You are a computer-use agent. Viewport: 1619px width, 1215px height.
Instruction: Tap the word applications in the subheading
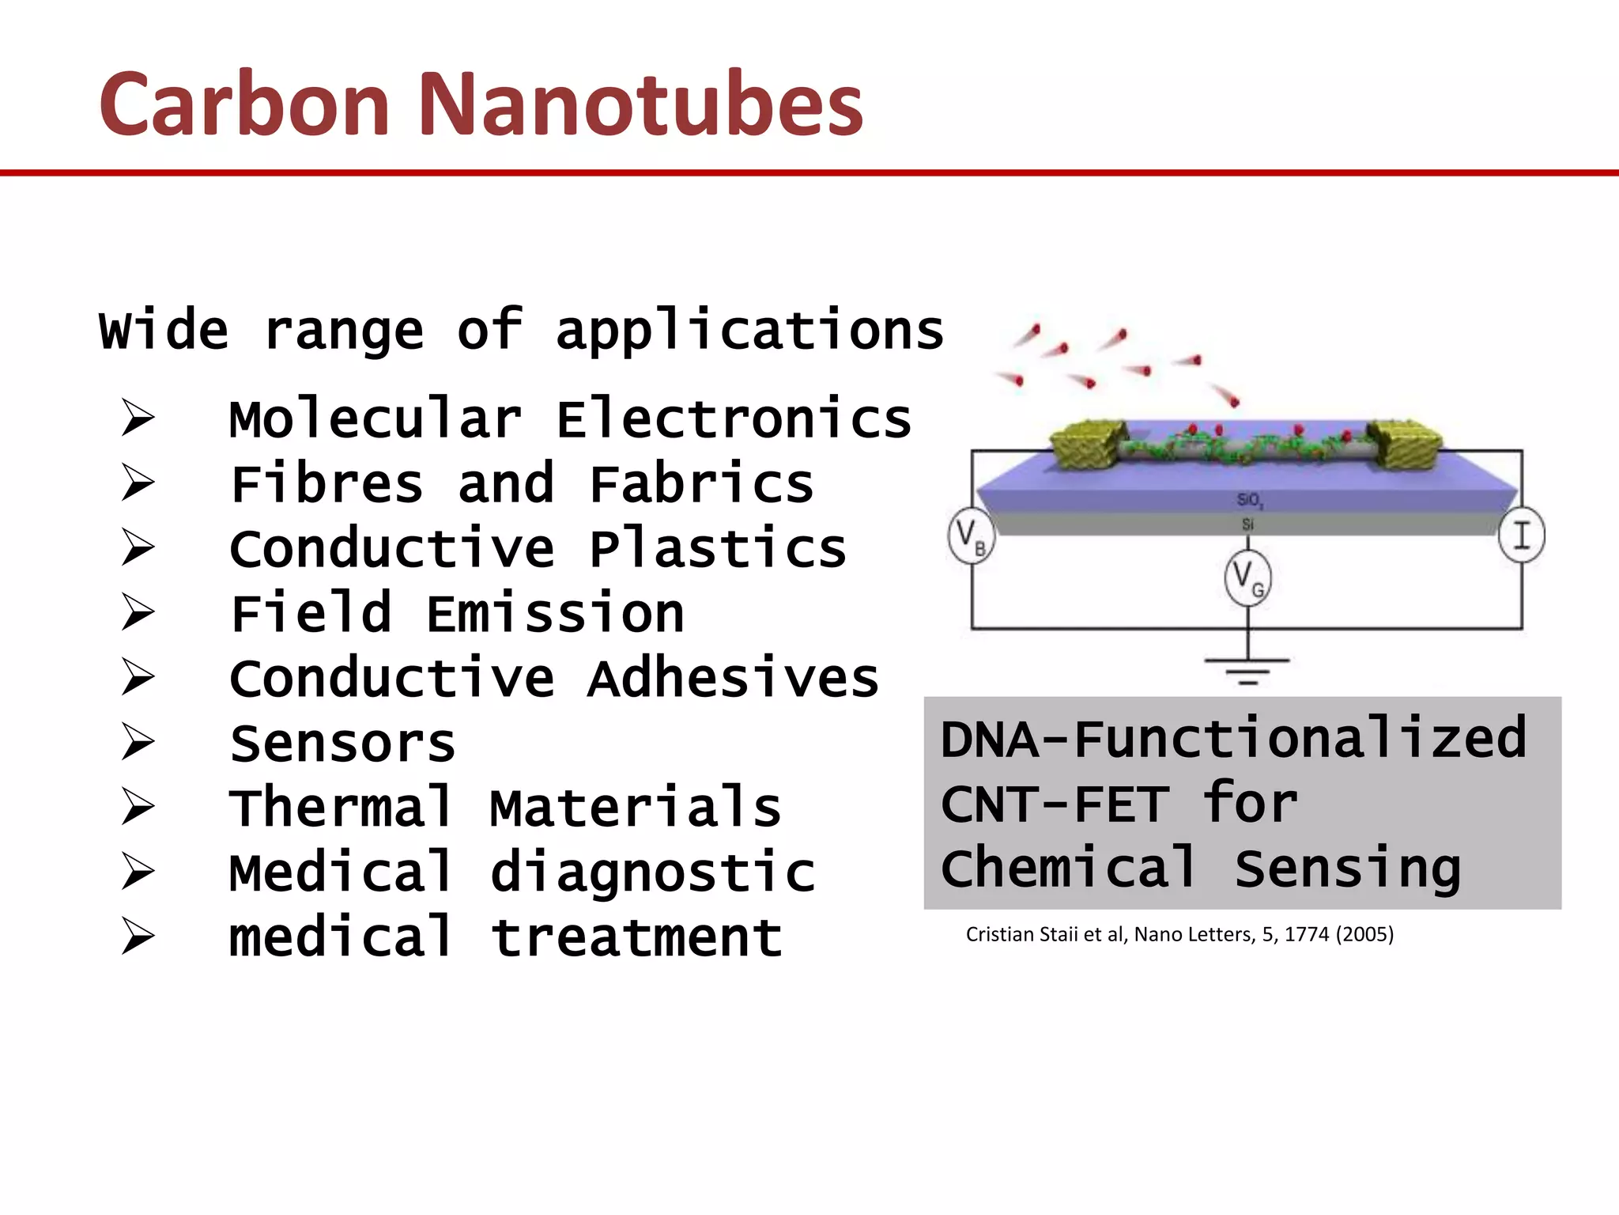[x=749, y=331]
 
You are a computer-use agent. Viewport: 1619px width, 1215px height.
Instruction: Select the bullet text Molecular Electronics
[x=570, y=419]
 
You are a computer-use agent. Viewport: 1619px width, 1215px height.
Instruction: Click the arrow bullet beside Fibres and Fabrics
[x=138, y=483]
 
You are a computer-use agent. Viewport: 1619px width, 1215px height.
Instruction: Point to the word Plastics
[x=718, y=549]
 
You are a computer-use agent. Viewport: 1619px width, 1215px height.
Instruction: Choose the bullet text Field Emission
[x=457, y=614]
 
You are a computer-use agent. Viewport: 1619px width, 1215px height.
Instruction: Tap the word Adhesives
[x=733, y=679]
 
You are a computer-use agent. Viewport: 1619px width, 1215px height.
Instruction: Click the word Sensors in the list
[x=342, y=744]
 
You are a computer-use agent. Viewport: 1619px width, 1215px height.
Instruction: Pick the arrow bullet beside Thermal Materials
[x=138, y=808]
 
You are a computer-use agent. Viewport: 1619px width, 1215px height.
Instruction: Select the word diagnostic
[x=652, y=873]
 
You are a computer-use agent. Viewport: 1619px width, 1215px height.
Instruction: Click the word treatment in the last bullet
[x=636, y=938]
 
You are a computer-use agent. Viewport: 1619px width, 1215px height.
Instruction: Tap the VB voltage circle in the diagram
[x=971, y=537]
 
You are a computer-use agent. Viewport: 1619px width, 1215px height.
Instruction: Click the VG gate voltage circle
[x=1248, y=579]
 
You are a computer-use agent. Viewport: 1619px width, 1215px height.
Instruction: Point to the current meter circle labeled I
[x=1522, y=536]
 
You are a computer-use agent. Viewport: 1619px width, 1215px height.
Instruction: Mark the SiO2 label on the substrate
[x=1250, y=500]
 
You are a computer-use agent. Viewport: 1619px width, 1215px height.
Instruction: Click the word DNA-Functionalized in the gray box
[x=1233, y=739]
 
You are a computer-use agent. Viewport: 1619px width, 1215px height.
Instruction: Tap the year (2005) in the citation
[x=1364, y=934]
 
